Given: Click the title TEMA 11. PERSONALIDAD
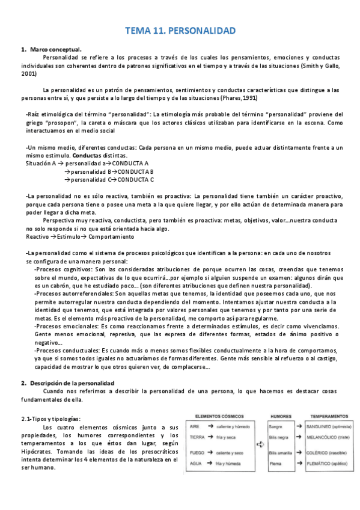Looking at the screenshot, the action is pyautogui.click(x=180, y=29).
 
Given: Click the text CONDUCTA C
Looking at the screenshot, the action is pyautogui.click(x=136, y=179).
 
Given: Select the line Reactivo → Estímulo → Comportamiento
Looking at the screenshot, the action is pyautogui.click(x=70, y=236).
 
